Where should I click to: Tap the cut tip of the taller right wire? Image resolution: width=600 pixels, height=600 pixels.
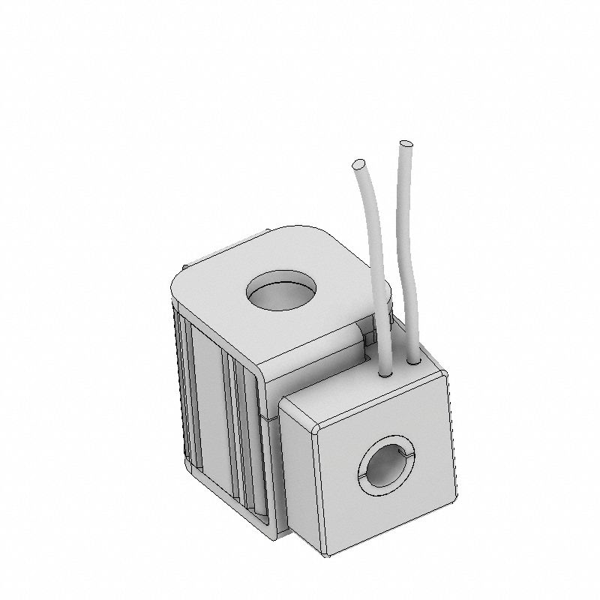pos(406,142)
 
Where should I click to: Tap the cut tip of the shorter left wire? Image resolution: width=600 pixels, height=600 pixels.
pos(358,163)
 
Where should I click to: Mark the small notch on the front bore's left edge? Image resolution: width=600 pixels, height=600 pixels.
pos(361,477)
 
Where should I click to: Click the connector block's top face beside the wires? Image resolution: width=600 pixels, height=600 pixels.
pos(352,397)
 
